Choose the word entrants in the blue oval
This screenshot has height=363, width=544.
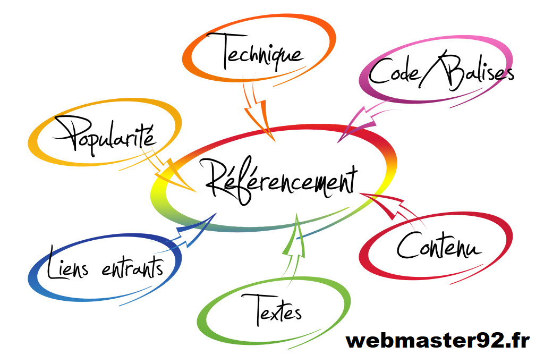click(132, 268)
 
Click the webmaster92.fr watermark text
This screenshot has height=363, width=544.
click(437, 340)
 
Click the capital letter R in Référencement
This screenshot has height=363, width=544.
click(218, 179)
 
